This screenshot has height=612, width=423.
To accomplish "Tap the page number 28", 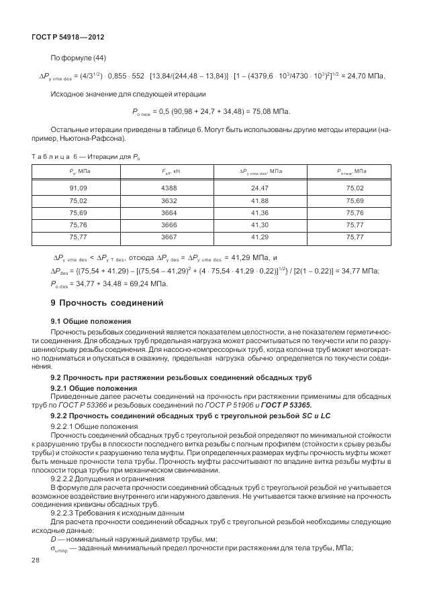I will click(36, 577).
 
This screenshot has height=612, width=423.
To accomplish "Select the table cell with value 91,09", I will click(79, 188).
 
